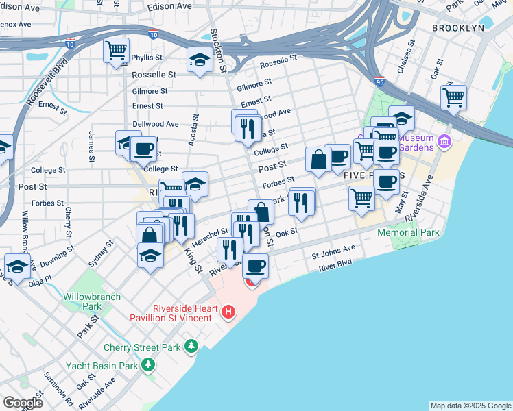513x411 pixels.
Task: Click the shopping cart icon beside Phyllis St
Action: coord(116,50)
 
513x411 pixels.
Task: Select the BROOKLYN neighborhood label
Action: coord(458,28)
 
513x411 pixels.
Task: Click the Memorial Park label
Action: coord(408,233)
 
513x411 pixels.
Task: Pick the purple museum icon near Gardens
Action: coord(445,142)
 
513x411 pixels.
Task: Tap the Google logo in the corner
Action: coord(23,403)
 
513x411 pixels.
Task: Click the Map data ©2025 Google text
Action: coord(470,406)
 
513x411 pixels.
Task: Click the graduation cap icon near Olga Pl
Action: coord(17,266)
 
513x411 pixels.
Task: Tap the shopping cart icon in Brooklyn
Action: coord(453,97)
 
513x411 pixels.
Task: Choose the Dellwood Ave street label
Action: coord(155,124)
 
